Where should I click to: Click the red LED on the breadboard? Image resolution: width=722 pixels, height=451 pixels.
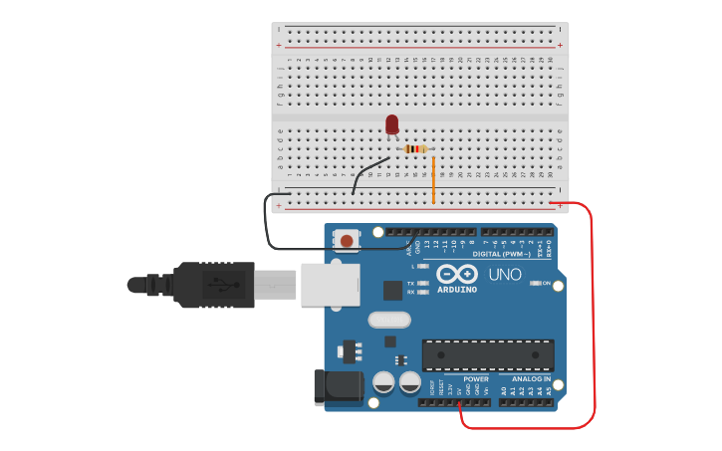pyautogui.click(x=391, y=124)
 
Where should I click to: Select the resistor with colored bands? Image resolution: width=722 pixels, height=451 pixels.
pyautogui.click(x=414, y=149)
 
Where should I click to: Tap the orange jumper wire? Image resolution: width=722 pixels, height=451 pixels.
pyautogui.click(x=433, y=179)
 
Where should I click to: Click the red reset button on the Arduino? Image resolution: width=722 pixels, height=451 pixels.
pyautogui.click(x=346, y=240)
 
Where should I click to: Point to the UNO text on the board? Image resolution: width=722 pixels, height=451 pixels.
pyautogui.click(x=504, y=273)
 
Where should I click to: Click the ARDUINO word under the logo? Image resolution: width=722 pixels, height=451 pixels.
pyautogui.click(x=457, y=290)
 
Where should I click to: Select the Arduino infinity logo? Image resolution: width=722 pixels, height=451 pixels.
pyautogui.click(x=457, y=273)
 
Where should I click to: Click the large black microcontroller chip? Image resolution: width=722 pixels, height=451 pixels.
pyautogui.click(x=488, y=355)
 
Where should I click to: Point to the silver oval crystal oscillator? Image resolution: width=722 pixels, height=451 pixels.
pyautogui.click(x=388, y=320)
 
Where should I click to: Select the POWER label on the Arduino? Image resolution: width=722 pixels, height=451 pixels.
pyautogui.click(x=476, y=379)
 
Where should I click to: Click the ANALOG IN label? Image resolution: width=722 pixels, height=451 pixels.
pyautogui.click(x=531, y=379)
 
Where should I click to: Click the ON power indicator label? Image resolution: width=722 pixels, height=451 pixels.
pyautogui.click(x=547, y=284)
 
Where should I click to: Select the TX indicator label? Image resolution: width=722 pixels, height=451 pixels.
pyautogui.click(x=411, y=284)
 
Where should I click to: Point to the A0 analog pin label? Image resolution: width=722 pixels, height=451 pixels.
pyautogui.click(x=504, y=391)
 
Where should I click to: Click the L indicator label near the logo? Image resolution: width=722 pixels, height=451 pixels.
pyautogui.click(x=412, y=266)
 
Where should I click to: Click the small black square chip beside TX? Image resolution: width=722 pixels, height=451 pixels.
pyautogui.click(x=392, y=290)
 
